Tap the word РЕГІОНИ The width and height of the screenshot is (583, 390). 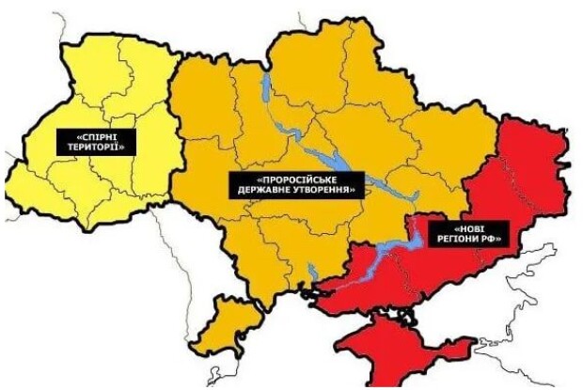tap(455, 240)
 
